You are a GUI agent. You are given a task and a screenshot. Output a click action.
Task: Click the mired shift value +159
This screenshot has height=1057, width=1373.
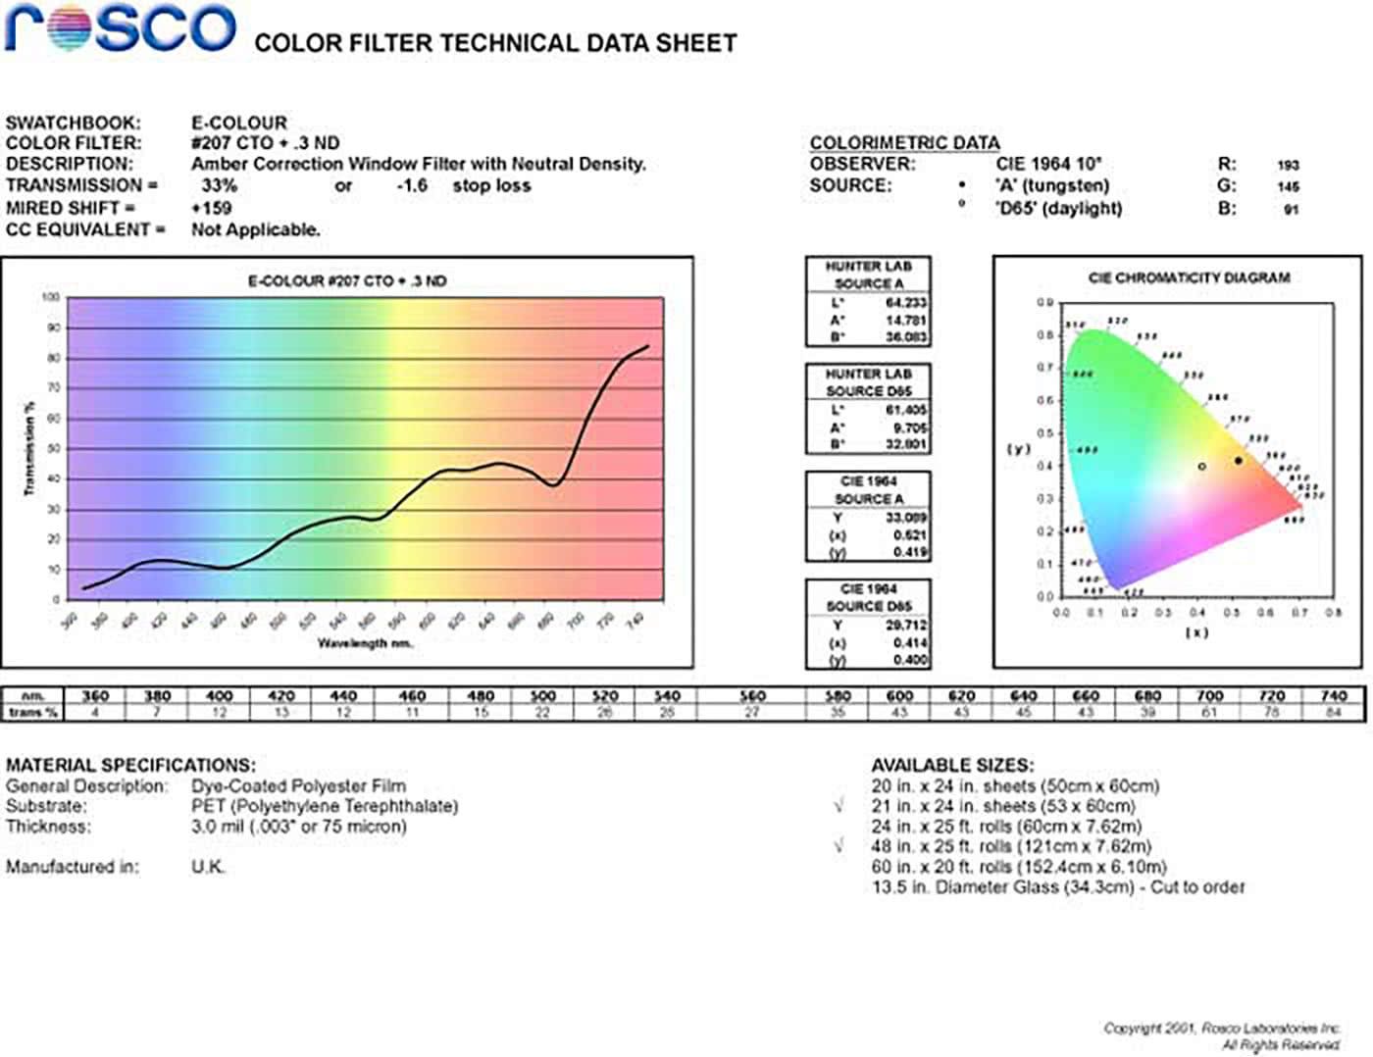click(x=211, y=208)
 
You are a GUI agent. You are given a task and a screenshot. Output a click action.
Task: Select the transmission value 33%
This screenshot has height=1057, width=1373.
click(x=219, y=185)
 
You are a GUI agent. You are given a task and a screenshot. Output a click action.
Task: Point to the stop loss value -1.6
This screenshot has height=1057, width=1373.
click(x=412, y=185)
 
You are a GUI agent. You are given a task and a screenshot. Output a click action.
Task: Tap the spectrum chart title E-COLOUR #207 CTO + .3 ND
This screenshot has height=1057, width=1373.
click(x=346, y=281)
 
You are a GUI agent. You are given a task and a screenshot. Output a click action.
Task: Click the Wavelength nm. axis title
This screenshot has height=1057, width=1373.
click(x=365, y=643)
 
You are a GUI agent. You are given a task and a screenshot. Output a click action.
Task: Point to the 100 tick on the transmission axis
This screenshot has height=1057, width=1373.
click(x=51, y=297)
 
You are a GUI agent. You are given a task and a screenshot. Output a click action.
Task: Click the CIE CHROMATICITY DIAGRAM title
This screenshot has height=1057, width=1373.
click(x=1189, y=278)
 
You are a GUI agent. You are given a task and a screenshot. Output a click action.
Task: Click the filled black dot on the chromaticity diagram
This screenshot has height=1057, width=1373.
click(x=1239, y=460)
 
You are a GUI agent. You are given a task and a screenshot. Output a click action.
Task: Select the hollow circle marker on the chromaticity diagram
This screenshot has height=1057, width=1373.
click(x=1202, y=467)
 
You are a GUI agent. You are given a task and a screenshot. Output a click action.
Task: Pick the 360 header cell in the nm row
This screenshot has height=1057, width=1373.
click(x=95, y=696)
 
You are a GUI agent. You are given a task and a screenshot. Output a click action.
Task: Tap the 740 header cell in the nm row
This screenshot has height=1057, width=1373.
click(x=1334, y=696)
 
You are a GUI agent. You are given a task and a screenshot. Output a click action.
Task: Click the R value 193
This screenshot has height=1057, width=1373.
click(x=1288, y=166)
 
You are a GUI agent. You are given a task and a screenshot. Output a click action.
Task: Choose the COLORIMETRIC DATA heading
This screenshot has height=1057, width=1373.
click(x=904, y=143)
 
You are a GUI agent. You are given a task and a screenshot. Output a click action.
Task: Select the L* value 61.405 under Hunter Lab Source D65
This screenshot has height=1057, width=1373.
click(x=906, y=411)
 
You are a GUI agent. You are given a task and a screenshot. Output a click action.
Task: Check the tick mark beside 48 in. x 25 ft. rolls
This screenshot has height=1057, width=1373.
click(x=839, y=845)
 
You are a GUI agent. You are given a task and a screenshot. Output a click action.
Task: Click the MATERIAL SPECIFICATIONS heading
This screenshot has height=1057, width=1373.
click(x=130, y=765)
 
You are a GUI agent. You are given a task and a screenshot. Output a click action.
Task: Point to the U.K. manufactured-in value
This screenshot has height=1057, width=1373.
click(x=208, y=867)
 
